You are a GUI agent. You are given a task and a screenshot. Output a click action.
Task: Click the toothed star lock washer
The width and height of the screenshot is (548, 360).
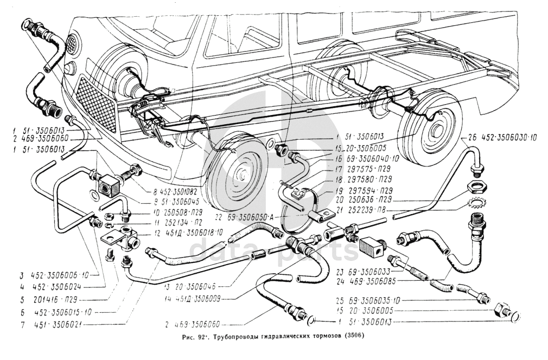[x=476, y=203]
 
